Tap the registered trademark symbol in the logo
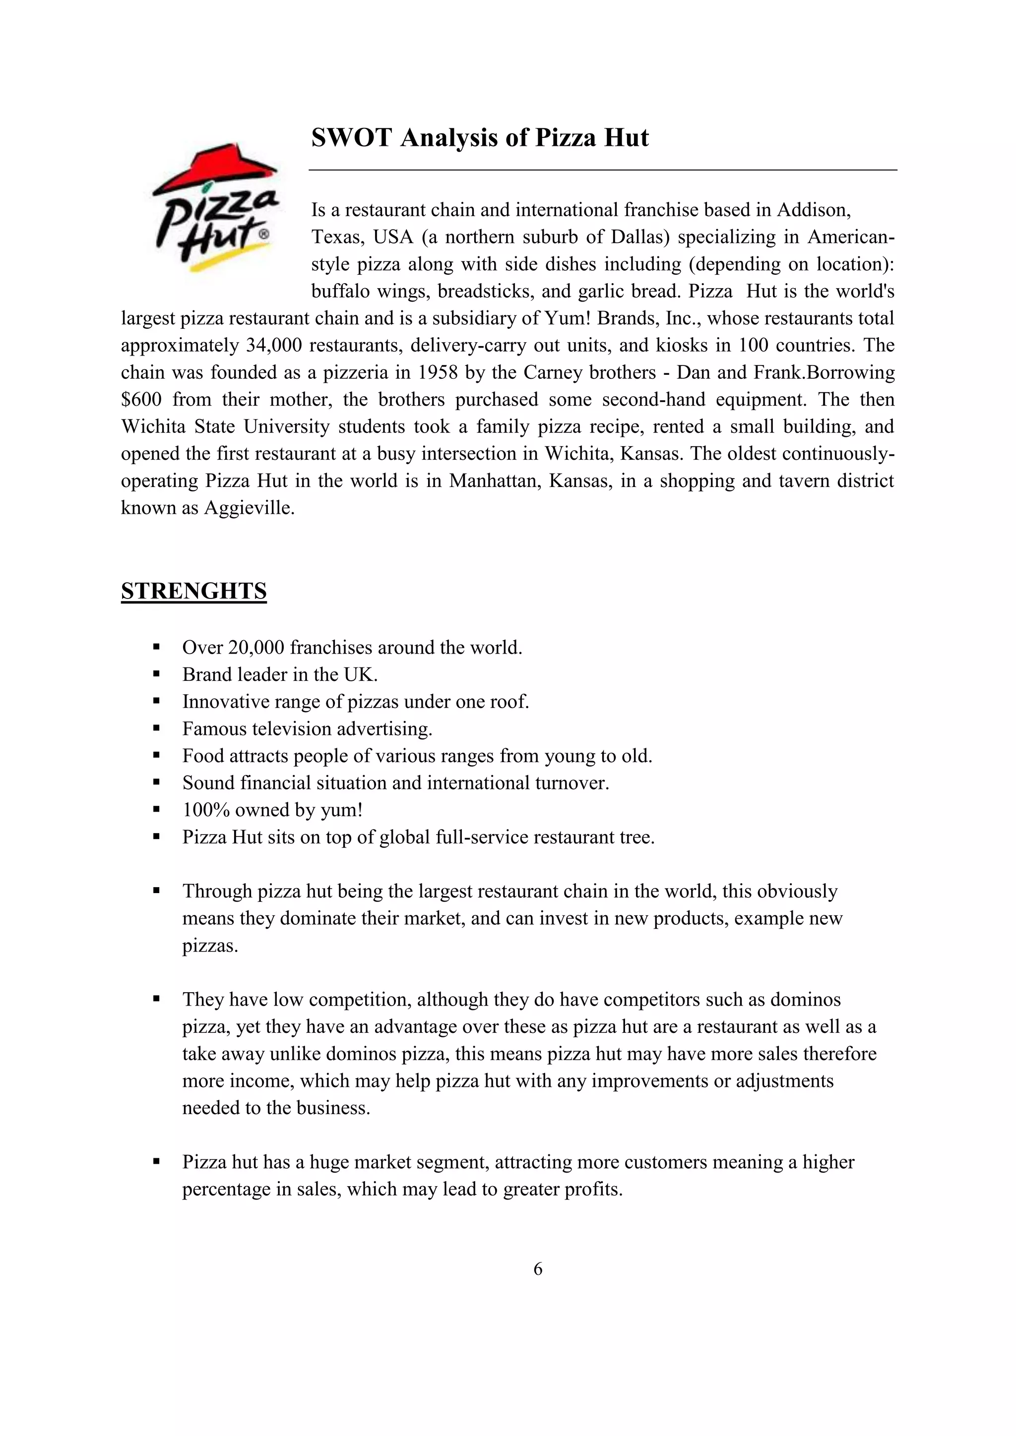coord(264,234)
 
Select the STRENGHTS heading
coord(194,591)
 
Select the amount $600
coord(141,400)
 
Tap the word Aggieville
coord(249,508)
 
